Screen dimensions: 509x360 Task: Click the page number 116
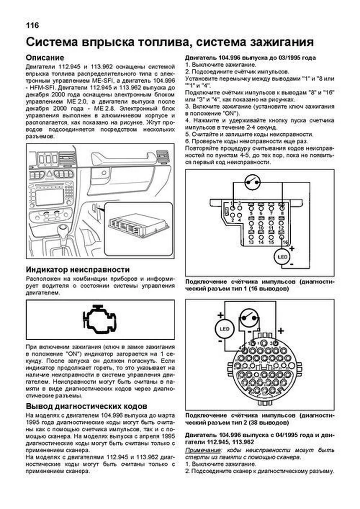[x=32, y=26]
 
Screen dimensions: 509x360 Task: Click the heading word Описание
[x=45, y=57]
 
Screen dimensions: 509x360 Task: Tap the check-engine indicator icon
[x=100, y=319]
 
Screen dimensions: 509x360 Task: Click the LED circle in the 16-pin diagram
[x=282, y=257]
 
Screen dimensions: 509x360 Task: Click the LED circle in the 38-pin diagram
[x=225, y=329]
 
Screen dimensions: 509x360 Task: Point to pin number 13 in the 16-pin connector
[x=251, y=242]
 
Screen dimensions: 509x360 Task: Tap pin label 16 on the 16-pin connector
[x=285, y=242]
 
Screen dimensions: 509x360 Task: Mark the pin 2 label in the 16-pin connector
[x=232, y=220]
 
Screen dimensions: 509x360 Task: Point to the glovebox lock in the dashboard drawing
[x=104, y=173]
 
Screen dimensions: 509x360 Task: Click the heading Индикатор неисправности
[x=78, y=270]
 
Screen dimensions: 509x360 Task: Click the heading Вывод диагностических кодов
[x=86, y=406]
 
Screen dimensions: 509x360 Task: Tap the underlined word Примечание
[x=203, y=450]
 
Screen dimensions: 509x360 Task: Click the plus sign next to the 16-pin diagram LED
[x=292, y=248]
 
